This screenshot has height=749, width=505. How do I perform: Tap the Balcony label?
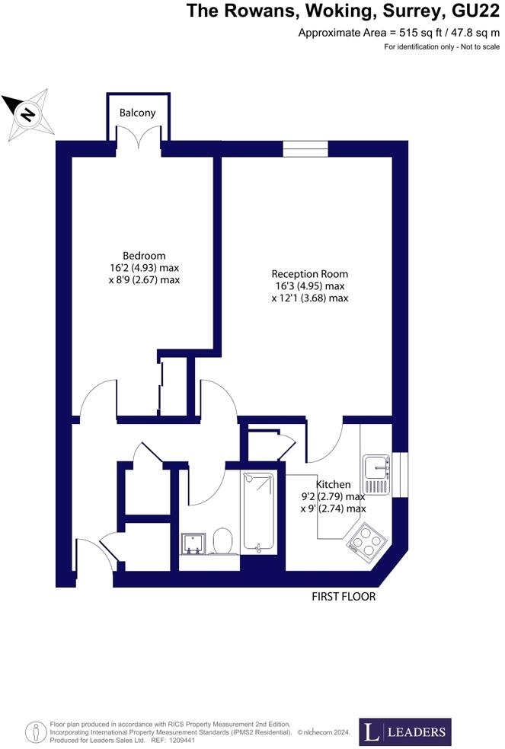137,113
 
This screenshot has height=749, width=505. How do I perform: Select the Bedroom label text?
144,256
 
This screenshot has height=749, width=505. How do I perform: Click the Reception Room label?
310,274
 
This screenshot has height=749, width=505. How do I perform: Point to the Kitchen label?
334,484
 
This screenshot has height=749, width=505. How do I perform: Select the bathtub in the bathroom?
259,511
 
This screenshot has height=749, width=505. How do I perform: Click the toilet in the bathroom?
222,542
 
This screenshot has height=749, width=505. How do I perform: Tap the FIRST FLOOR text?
343,597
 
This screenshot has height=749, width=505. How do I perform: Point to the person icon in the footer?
35,732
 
